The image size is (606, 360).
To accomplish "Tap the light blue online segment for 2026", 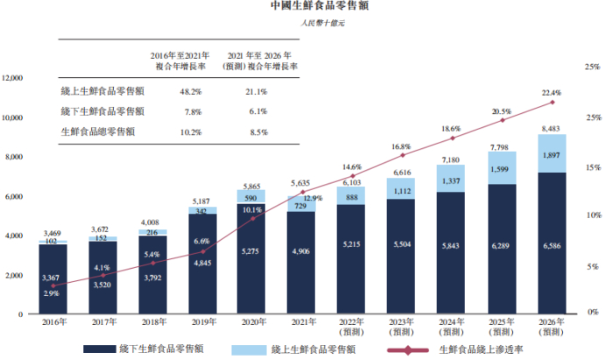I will pos(552,153).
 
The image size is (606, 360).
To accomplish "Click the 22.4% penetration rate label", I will pos(551,93).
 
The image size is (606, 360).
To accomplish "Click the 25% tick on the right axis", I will pos(592,67).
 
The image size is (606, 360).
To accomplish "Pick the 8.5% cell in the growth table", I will pos(257,132).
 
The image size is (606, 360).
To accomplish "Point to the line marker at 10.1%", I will pos(253,218).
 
